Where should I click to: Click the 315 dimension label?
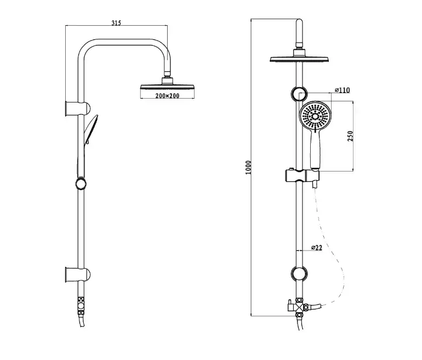pos(115,22)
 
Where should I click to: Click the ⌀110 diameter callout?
pos(343,90)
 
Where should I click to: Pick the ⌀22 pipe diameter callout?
pos(316,248)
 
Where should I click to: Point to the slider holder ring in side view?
pos(81,183)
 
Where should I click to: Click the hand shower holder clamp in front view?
pos(300,176)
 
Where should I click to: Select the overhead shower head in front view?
pos(299,58)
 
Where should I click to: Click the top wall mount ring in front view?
pos(299,93)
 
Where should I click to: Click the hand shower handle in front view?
pos(316,151)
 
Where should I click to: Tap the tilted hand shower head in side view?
pos(90,128)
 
